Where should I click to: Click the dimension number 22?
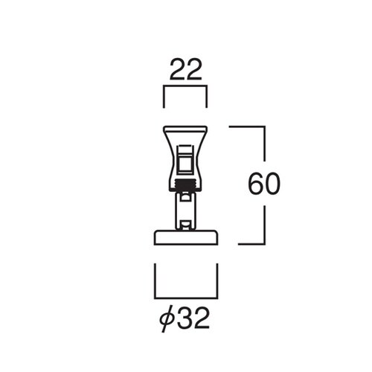coord(186,69)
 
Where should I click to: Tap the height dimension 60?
coord(264,184)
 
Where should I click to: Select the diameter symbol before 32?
coord(166,318)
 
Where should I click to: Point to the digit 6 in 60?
coord(256,184)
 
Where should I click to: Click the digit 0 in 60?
coord(272,184)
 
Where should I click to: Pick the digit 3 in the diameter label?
coord(185,318)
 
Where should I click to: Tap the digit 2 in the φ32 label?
coord(202,318)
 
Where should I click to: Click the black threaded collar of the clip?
coord(186,185)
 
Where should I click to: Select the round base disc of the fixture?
coord(186,237)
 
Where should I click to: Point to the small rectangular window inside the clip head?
coord(185,162)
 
